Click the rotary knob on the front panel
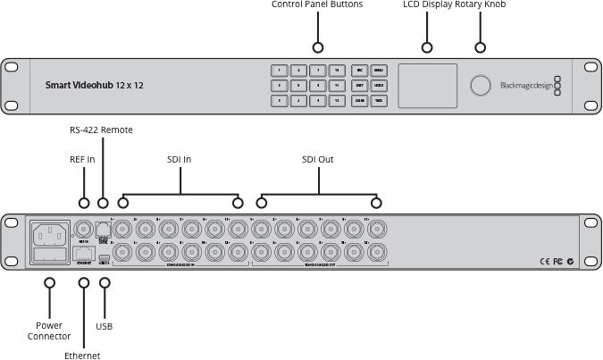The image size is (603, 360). (480, 86)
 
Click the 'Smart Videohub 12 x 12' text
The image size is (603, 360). (95, 86)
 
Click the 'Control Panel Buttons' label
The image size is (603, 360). (317, 5)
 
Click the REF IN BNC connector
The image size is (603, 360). (84, 228)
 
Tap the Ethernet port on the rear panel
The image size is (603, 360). (84, 253)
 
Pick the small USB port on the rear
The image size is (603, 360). (105, 259)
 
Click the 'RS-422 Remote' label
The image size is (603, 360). (101, 130)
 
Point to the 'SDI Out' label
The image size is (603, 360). (318, 159)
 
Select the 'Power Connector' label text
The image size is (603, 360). (49, 331)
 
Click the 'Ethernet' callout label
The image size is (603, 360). (82, 356)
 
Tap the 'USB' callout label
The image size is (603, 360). (104, 326)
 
